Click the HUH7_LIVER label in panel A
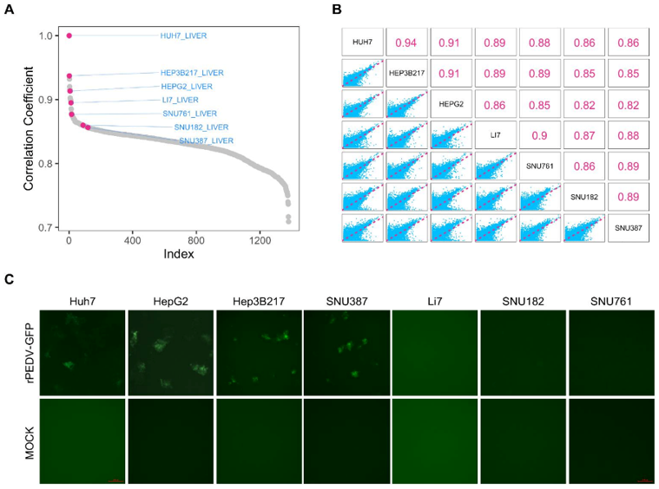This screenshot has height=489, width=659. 183,36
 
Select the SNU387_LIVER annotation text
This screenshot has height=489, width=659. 206,140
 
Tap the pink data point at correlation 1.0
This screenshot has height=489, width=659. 69,36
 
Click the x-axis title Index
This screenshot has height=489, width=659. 179,255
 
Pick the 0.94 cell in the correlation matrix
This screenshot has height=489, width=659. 407,42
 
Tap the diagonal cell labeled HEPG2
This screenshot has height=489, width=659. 451,105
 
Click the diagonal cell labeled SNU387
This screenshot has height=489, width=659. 629,227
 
